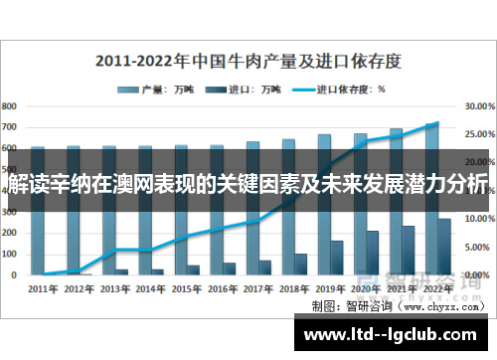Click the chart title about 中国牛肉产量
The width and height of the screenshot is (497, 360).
248,61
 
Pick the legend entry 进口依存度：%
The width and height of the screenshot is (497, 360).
338,89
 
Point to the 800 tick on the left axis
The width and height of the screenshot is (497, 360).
9,104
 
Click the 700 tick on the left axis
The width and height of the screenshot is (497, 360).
9,126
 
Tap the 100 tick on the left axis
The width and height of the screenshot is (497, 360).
9,253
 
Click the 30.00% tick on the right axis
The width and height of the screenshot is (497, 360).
479,104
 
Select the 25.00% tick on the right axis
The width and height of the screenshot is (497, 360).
479,132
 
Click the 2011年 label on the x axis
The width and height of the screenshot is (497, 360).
44,289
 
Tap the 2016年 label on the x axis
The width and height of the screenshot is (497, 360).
222,289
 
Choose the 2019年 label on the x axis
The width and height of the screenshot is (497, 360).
329,289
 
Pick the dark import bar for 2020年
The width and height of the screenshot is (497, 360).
372,253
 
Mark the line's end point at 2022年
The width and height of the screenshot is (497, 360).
436,124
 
